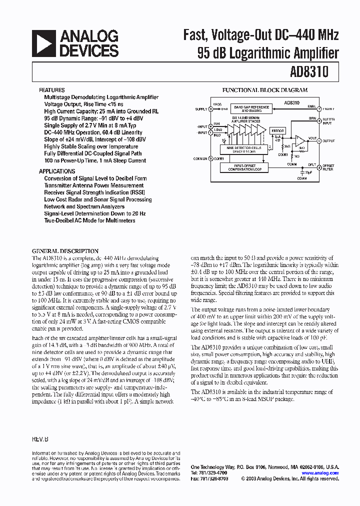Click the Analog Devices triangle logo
point(43,43)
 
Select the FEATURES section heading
point(51,90)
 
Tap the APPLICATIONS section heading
point(57,171)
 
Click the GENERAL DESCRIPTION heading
point(65,251)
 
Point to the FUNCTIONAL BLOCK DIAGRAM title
point(265,90)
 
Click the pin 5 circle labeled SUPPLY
point(210,108)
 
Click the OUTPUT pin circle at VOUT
point(319,140)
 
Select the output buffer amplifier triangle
point(300,140)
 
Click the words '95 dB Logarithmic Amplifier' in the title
point(268,53)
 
